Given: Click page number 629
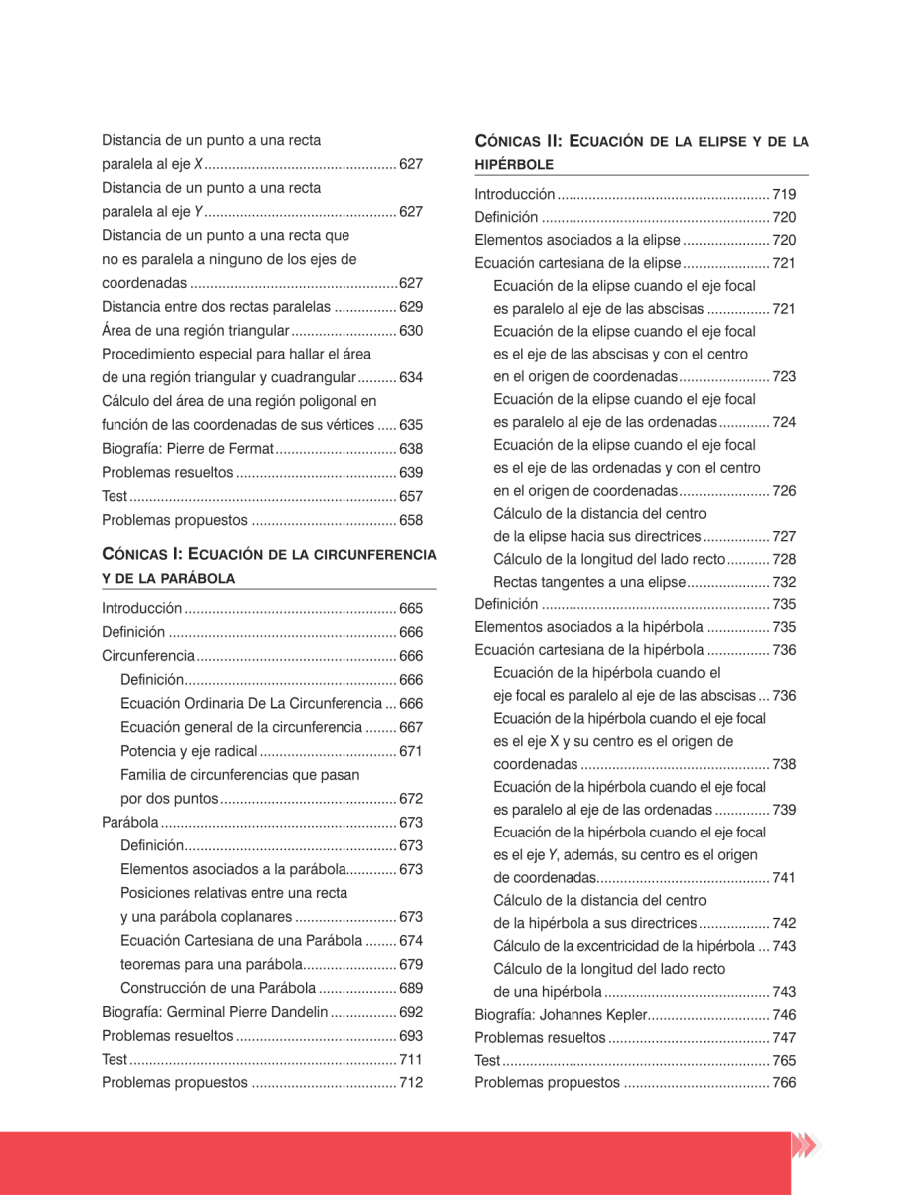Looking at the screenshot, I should (x=411, y=307).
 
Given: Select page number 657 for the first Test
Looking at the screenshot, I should (x=411, y=496).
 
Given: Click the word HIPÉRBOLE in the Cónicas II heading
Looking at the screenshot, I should (x=514, y=163).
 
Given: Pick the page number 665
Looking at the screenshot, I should (x=411, y=609).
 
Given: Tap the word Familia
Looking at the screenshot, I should (x=145, y=775).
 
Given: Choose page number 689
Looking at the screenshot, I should (x=411, y=989).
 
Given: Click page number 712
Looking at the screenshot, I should (x=411, y=1083).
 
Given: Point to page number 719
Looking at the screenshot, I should (x=784, y=195).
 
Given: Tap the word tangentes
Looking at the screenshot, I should (x=573, y=582).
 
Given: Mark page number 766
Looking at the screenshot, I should (x=784, y=1083).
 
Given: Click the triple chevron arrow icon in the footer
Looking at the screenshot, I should (x=803, y=1146).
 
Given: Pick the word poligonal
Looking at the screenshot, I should (x=337, y=402).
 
